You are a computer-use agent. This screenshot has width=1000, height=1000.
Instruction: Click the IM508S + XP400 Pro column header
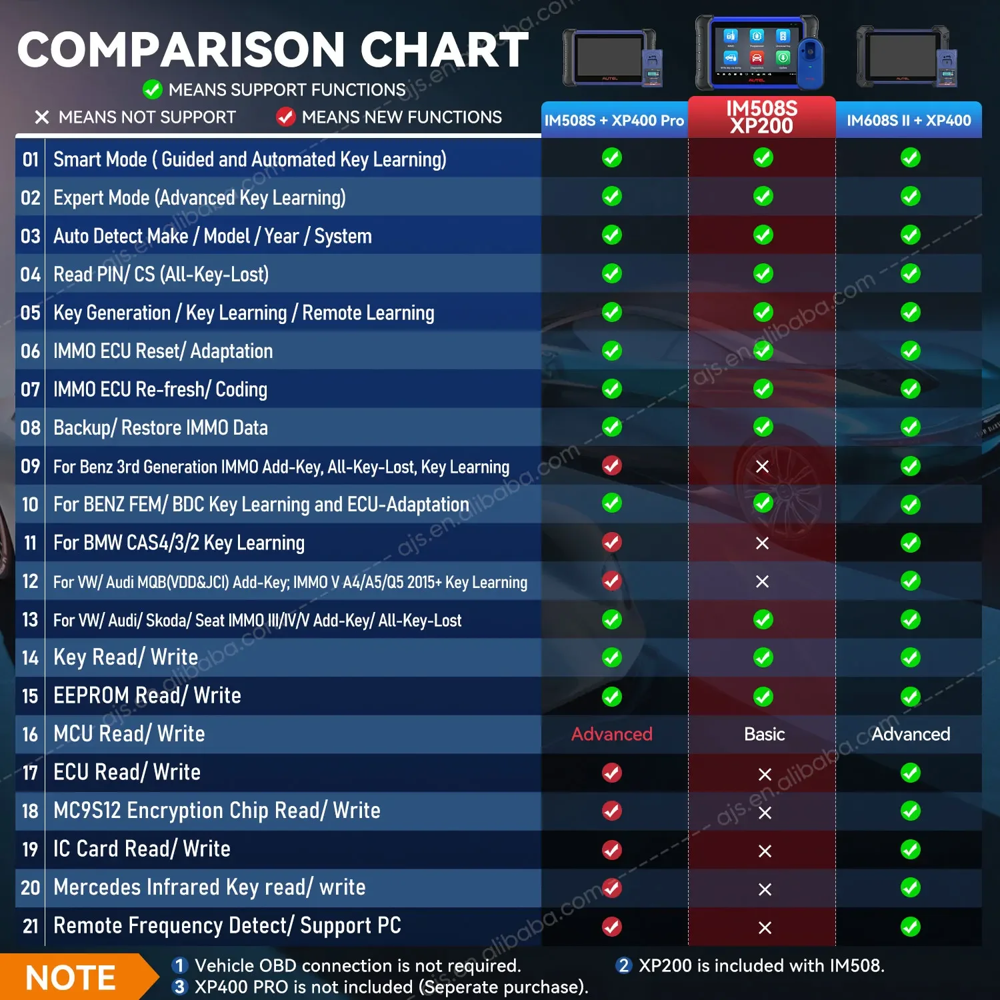614,121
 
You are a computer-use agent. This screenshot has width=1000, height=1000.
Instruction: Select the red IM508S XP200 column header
761,117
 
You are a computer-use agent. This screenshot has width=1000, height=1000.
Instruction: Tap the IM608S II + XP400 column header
909,121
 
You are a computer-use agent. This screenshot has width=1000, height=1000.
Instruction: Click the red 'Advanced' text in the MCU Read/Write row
612,734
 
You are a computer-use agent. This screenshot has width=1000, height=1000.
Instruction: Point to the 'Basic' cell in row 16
764,734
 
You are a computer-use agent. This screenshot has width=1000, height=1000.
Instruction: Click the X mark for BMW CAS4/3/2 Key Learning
763,543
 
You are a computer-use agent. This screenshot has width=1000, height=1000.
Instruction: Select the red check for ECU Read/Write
612,773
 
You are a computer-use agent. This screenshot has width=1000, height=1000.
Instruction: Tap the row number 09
31,466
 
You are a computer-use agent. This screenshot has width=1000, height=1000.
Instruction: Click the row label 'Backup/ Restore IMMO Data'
161,428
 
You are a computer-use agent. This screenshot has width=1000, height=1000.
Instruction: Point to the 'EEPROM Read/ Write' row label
147,696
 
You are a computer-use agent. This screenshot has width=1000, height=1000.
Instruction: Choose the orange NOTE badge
71,978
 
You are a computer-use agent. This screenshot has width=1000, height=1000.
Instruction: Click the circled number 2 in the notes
624,965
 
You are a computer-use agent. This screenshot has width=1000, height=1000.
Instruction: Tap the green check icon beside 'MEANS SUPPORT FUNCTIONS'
153,89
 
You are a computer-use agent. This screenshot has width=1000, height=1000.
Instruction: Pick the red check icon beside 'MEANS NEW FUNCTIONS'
286,117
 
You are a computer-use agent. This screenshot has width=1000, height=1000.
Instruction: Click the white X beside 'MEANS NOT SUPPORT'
42,117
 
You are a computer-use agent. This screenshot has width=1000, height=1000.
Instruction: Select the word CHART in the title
445,50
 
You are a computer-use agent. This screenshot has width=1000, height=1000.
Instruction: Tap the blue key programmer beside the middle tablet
811,63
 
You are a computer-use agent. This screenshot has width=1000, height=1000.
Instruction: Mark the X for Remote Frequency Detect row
765,927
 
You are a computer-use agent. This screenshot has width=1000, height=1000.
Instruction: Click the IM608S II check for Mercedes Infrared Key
911,888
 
